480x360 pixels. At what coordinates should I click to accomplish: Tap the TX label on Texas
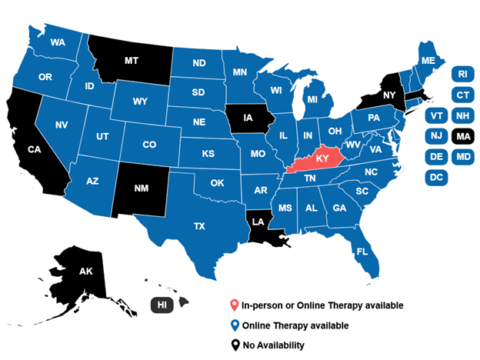click(x=200, y=226)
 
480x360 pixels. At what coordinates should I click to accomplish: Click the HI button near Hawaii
click(x=162, y=305)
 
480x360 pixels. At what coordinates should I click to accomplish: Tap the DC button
click(x=436, y=178)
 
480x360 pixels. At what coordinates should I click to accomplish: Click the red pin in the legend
click(x=234, y=305)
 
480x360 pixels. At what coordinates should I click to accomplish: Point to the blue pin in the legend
click(x=234, y=325)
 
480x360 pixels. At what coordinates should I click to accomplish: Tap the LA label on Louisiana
click(x=260, y=222)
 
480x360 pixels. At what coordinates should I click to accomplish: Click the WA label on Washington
click(x=57, y=42)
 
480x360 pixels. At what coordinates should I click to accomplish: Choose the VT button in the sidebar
click(x=436, y=115)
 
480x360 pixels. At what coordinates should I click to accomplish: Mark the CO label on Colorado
click(x=149, y=144)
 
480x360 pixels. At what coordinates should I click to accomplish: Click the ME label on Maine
click(x=428, y=60)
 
